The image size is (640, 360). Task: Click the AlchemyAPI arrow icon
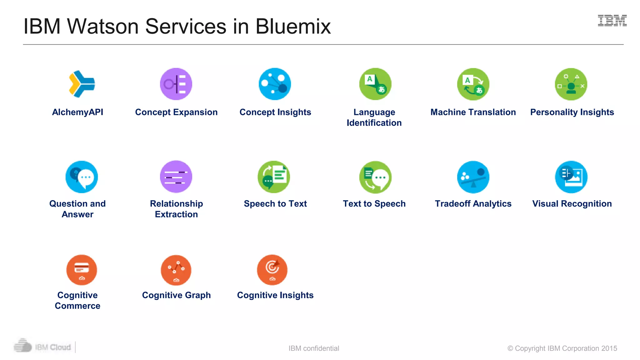(82, 84)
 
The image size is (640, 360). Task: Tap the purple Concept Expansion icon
(176, 84)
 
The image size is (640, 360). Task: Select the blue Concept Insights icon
(275, 84)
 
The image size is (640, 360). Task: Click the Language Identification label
(374, 117)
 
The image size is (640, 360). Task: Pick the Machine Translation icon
(473, 84)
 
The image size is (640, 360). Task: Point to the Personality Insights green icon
(571, 84)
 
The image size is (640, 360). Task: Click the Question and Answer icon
(82, 177)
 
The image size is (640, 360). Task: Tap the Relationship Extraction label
(176, 209)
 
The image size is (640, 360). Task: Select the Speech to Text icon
(274, 177)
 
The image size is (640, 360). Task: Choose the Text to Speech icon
(375, 177)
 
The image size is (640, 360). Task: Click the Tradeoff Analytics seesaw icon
(473, 177)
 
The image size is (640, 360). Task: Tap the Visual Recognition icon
(571, 177)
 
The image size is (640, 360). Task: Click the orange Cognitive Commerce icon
(82, 270)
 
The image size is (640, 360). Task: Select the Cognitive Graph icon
(176, 270)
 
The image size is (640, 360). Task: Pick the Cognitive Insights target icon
(272, 270)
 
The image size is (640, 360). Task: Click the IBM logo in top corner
(612, 21)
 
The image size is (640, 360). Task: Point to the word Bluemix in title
(293, 26)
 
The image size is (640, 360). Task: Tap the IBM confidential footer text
(313, 348)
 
